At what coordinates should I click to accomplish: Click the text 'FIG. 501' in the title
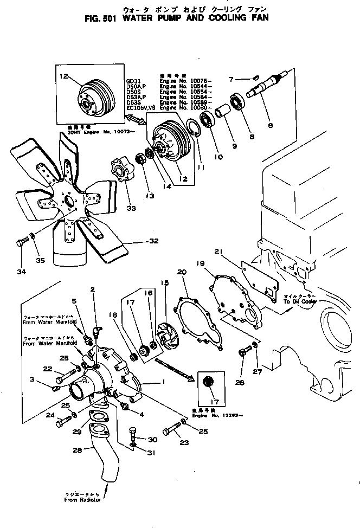(x=104, y=17)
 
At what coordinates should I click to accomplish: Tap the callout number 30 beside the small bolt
(x=152, y=439)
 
